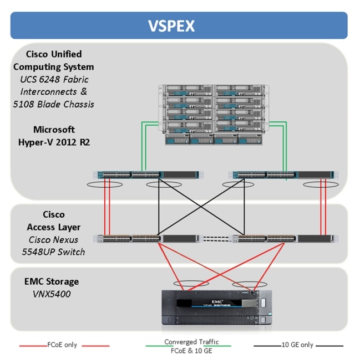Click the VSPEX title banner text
click(x=179, y=26)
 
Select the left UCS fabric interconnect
click(x=146, y=175)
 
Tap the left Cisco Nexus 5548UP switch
click(x=146, y=239)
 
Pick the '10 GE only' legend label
click(x=297, y=345)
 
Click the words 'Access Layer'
click(x=54, y=227)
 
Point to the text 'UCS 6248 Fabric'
click(x=54, y=79)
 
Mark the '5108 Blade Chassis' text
click(x=54, y=104)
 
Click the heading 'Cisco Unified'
click(x=54, y=54)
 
